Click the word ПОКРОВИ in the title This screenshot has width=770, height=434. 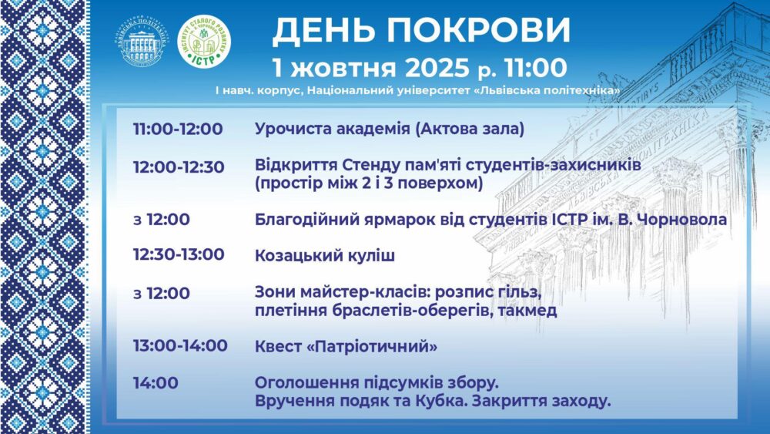478,31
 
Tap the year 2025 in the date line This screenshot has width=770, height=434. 437,68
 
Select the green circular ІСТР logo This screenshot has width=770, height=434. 204,41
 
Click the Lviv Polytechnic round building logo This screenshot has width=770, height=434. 142,42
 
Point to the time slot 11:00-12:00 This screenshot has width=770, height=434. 178,130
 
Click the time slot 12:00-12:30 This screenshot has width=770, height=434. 179,167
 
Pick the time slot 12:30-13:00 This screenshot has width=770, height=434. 179,254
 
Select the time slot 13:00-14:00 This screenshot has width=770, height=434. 180,345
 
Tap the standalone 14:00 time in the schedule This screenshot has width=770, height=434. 156,383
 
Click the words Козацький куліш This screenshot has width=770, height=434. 325,256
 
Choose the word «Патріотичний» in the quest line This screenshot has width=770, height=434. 372,347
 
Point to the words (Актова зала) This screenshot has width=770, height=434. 470,130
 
